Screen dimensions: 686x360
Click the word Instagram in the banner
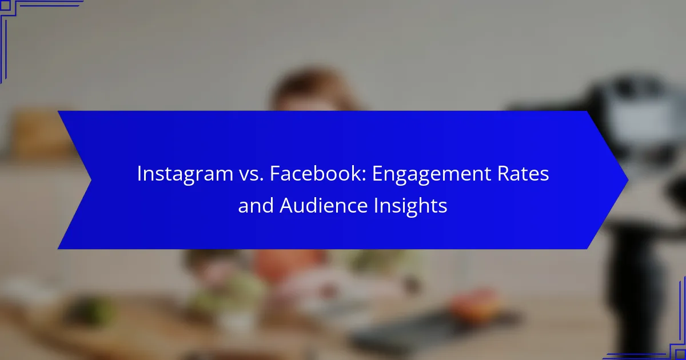(185, 174)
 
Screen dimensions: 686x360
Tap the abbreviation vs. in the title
(251, 174)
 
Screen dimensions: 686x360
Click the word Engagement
(431, 174)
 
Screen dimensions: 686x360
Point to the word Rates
(523, 174)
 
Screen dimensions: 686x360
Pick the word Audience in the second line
(324, 205)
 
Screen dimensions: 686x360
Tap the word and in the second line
(256, 205)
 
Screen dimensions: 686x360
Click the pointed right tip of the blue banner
(628, 180)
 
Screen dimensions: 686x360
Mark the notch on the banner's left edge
(91, 180)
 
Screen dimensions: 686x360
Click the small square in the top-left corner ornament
(5, 5)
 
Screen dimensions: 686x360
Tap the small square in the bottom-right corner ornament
(680, 355)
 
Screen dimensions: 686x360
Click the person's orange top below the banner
(288, 263)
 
